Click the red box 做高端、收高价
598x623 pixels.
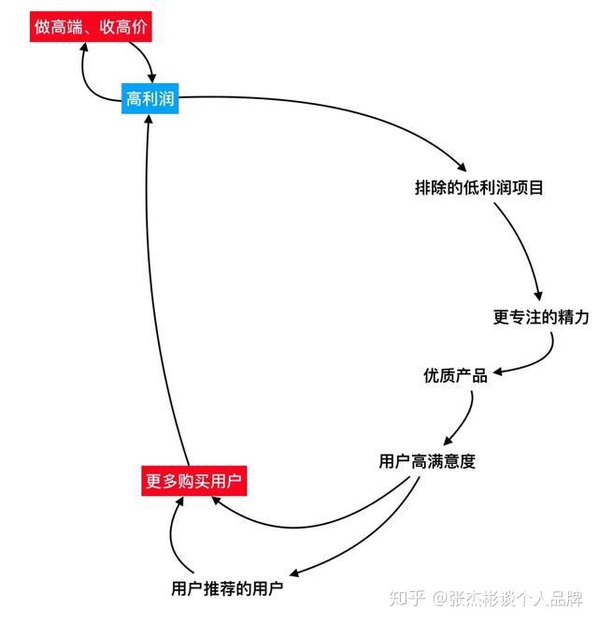[x=92, y=27]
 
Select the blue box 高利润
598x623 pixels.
[x=149, y=98]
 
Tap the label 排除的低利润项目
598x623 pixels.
[x=478, y=187]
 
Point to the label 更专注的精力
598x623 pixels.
[x=541, y=316]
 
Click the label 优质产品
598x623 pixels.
[x=455, y=375]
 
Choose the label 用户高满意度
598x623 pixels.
[x=427, y=461]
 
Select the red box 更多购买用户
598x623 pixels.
[x=193, y=483]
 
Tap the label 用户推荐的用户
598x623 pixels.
[x=227, y=588]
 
